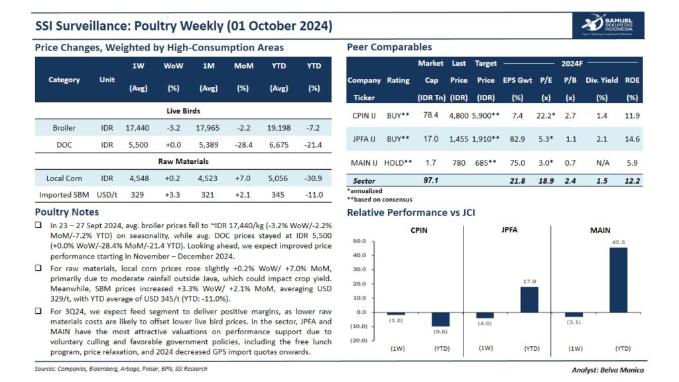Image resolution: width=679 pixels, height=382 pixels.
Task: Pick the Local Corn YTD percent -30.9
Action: click(314, 178)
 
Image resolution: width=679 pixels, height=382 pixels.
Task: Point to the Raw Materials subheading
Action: click(183, 161)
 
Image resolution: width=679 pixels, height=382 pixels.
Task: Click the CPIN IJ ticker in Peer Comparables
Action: click(364, 115)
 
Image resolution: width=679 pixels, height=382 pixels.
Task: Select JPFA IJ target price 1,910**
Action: click(485, 139)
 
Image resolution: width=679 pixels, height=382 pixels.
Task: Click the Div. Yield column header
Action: click(601, 80)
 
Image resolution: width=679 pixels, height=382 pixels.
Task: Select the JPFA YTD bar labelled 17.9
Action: click(528, 299)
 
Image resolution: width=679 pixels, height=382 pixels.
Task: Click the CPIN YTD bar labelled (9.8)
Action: click(440, 319)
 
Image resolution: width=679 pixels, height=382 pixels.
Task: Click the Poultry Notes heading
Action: click(66, 212)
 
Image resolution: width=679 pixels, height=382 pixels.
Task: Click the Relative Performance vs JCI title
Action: click(411, 212)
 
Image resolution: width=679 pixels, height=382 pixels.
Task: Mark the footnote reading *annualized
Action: click(365, 191)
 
